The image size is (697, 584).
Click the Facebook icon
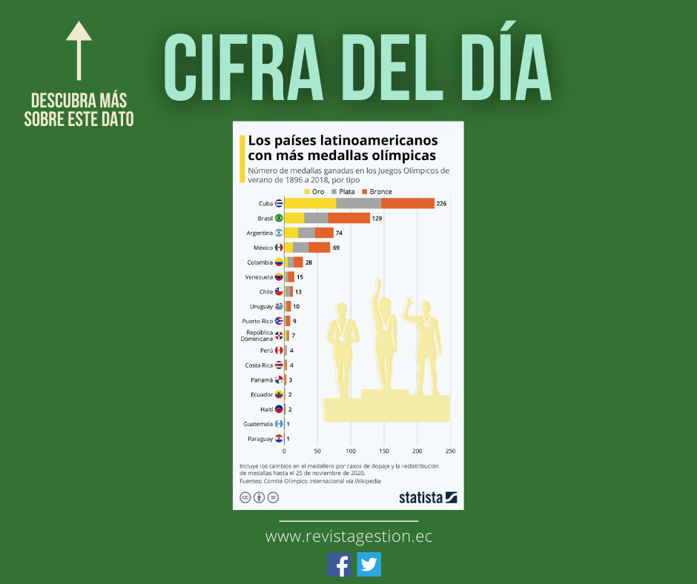coord(340,565)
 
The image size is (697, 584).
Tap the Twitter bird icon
coord(369,565)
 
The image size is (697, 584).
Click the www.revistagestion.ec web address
coord(348,536)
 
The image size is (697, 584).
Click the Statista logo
coord(428,497)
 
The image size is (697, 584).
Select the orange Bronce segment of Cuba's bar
coord(408,203)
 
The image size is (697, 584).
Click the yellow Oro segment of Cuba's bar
coord(310,203)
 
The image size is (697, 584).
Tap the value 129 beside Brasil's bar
coord(377,218)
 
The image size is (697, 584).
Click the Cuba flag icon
coord(279,203)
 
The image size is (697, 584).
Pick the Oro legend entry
coord(313,192)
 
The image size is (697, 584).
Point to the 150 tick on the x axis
coord(384,451)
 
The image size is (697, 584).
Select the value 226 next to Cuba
coord(442,203)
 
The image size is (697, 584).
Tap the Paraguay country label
coord(260,439)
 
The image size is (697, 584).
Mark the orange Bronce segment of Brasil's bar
coord(348,218)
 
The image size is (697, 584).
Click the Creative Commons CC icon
coord(245,497)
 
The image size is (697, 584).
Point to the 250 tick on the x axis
coord(450,451)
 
